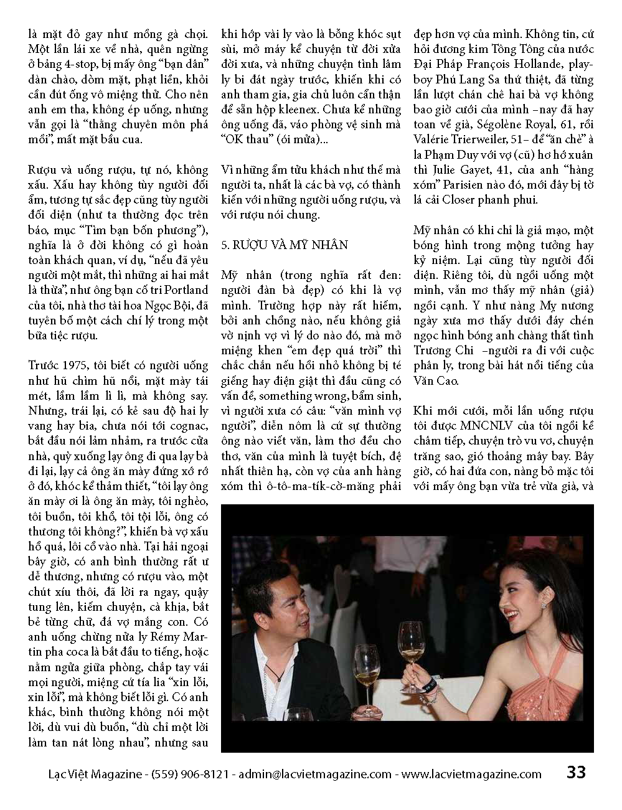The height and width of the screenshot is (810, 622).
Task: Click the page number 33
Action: point(576,773)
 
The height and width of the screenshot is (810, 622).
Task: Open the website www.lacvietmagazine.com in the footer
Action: point(471,774)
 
